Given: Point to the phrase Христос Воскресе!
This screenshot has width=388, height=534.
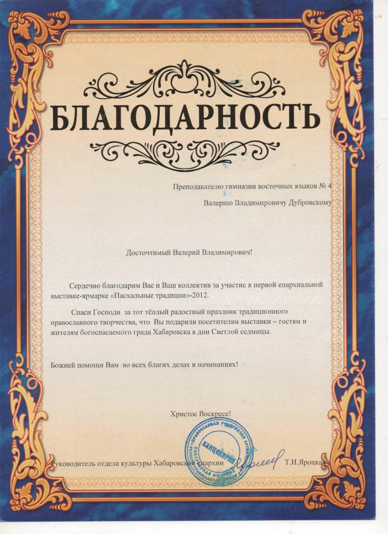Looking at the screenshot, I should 200,414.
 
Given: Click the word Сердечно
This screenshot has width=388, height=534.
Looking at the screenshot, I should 82,285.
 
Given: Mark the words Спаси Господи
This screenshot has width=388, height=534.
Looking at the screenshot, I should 95,313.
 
